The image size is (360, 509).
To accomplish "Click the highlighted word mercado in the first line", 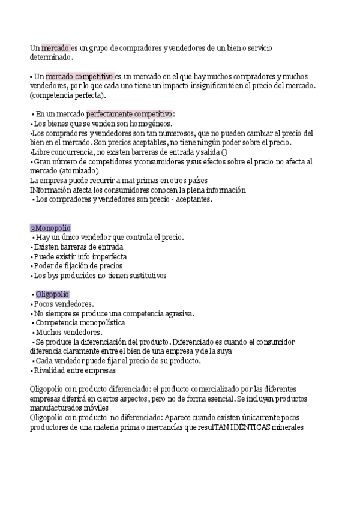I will click(x=56, y=47).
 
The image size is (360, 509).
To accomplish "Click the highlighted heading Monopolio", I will click(x=52, y=228).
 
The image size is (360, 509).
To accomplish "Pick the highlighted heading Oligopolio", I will click(x=52, y=294).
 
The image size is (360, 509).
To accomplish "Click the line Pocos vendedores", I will click(x=64, y=304).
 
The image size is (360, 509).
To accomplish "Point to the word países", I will click(x=194, y=181).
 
